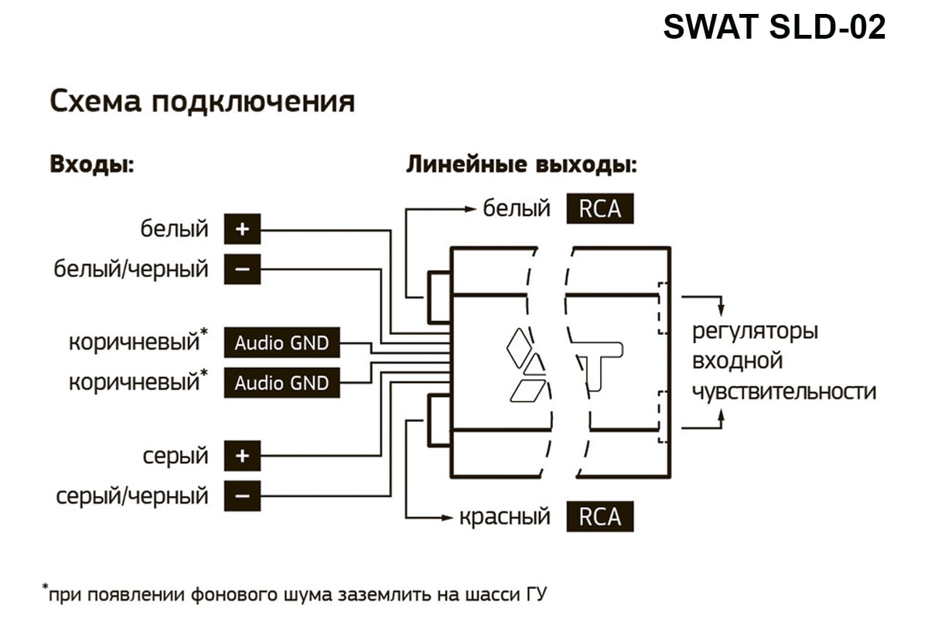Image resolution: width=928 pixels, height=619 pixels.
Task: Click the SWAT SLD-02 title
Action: tap(774, 29)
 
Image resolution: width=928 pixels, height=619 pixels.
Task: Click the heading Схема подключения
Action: tap(203, 101)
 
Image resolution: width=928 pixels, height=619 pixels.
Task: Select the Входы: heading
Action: tap(92, 165)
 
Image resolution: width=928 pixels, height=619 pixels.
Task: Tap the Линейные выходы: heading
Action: tap(522, 165)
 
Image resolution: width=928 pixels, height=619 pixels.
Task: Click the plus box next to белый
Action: tap(242, 230)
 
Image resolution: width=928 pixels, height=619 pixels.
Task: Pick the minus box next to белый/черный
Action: tap(242, 269)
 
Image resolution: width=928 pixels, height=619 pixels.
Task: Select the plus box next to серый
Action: tap(242, 456)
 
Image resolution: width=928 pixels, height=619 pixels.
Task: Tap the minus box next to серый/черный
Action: tap(242, 496)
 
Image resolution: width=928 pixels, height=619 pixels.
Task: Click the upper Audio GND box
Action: tap(281, 343)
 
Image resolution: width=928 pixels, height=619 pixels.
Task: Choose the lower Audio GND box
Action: tap(281, 382)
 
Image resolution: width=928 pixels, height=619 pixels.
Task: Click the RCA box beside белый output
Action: tap(599, 209)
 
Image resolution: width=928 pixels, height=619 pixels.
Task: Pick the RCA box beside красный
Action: tap(599, 516)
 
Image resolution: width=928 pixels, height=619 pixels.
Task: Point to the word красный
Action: tap(504, 516)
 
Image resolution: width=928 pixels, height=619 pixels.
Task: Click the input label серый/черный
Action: tap(132, 496)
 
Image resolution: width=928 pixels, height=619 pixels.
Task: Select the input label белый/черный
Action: tap(131, 269)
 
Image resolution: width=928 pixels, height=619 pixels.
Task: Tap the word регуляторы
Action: tap(754, 332)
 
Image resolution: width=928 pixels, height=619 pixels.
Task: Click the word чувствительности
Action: tap(783, 391)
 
